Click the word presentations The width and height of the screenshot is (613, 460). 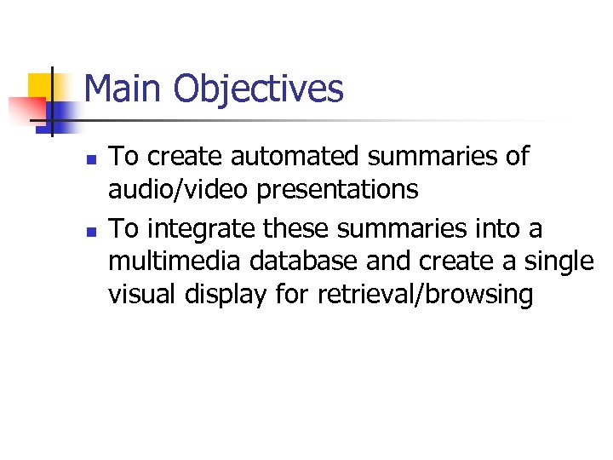coord(337,189)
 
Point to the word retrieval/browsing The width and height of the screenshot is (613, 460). coord(426,295)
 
